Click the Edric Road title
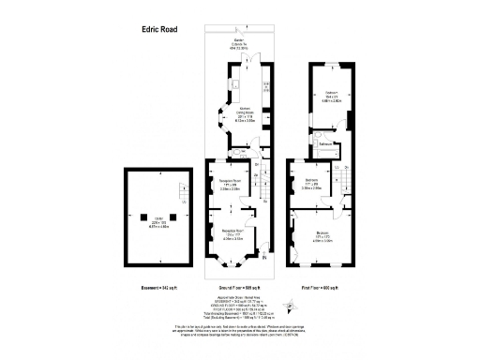(146, 29)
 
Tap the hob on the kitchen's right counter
(266, 87)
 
